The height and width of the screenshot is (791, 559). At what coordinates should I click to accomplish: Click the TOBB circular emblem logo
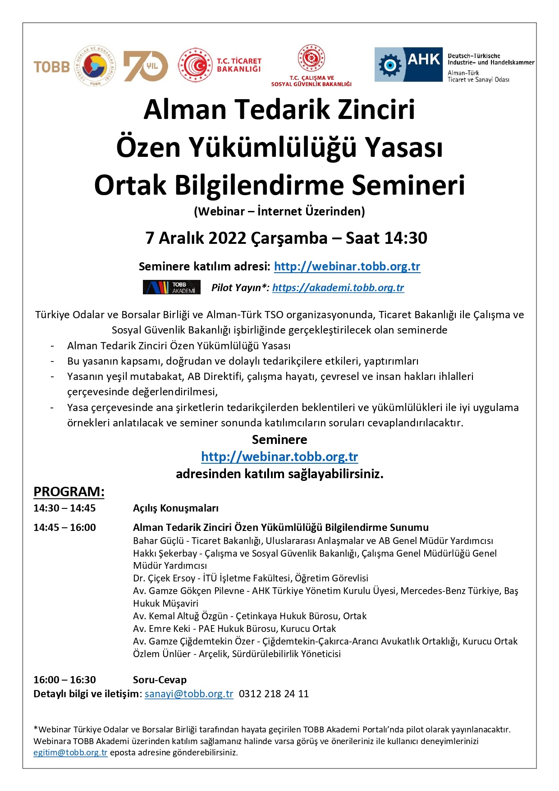[x=95, y=66]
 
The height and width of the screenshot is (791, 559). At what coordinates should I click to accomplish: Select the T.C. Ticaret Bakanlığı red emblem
[x=195, y=66]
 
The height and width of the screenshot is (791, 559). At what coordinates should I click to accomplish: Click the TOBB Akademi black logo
[x=172, y=288]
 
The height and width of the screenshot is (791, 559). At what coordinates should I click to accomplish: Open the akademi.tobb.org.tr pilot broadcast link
[x=338, y=288]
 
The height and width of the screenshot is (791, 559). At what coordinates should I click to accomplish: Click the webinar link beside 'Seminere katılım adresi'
[x=347, y=266]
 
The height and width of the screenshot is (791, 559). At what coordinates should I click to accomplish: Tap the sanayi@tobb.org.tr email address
[x=189, y=694]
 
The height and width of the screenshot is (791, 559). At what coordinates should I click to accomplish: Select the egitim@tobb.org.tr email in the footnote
[x=70, y=752]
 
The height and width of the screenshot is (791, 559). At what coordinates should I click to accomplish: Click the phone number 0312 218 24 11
[x=274, y=694]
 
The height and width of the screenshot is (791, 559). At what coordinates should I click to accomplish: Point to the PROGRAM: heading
[x=69, y=492]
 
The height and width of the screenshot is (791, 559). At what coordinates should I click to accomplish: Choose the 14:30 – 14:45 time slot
[x=64, y=508]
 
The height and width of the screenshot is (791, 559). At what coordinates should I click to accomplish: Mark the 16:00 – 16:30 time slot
[x=64, y=680]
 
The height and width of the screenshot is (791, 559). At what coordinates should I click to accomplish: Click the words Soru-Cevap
[x=160, y=680]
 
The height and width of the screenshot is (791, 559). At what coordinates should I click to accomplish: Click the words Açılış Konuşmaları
[x=176, y=508]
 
